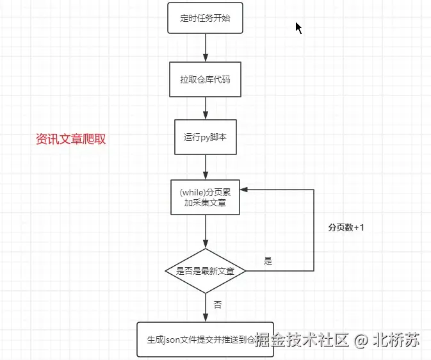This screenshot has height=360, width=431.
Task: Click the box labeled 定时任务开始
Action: pos(206,18)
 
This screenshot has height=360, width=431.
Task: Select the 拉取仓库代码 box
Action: pos(206,79)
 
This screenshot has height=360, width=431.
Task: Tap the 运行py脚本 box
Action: pos(206,136)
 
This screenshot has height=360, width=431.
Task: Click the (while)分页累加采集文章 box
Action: pos(206,197)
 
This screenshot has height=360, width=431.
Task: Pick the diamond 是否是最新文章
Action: pos(206,271)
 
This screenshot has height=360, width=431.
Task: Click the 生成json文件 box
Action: pos(206,340)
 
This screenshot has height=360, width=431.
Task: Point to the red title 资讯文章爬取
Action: pos(71,139)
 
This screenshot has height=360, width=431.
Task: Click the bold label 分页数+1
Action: pos(346,227)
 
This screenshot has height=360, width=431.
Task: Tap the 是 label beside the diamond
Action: pos(268,261)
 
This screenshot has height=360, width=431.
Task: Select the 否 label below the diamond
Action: pos(217,305)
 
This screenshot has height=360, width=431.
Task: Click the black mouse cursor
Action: pos(298,28)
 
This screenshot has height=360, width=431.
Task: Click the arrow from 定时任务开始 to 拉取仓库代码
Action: pos(206,47)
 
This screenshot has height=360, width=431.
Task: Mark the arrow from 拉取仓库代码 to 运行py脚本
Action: pos(206,108)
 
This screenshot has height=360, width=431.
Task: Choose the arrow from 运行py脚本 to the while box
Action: pos(206,167)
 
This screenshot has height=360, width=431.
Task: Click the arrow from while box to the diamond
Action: pos(206,232)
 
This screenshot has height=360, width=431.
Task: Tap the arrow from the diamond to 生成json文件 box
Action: pos(206,307)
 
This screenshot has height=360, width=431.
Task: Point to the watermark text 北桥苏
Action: pos(400,340)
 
